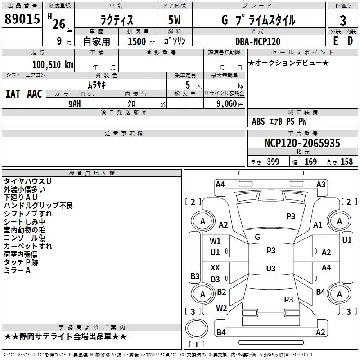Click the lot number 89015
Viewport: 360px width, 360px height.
click(22, 20)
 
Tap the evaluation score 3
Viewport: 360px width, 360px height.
click(343, 21)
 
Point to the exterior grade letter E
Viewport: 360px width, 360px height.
click(335, 40)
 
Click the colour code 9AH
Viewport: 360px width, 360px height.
click(75, 103)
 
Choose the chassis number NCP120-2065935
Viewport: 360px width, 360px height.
click(302, 143)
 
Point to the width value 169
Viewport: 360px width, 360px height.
click(311, 162)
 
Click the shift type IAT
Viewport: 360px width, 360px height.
click(13, 94)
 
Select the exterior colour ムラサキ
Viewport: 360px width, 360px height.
click(96, 85)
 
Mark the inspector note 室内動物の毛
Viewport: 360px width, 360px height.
click(24, 229)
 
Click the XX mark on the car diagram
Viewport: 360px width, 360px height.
click(216, 268)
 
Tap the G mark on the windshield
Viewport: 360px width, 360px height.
click(257, 237)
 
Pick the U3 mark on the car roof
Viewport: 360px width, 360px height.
click(271, 269)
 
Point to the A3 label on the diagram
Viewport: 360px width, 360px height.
click(321, 184)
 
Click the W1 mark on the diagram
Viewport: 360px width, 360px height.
click(216, 241)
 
